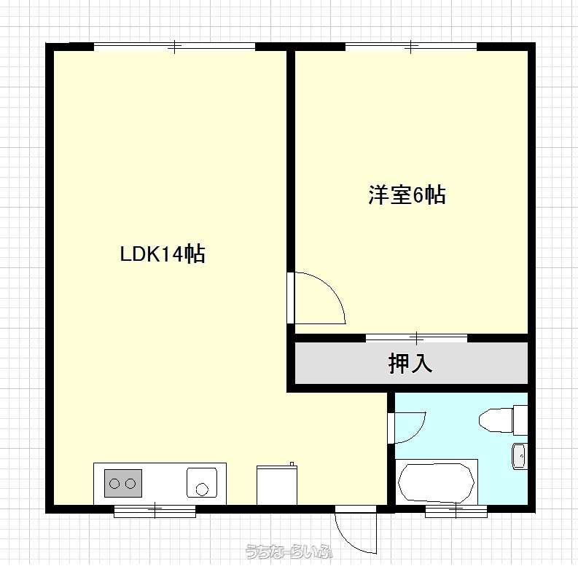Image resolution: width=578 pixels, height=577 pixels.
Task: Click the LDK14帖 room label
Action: point(163,254)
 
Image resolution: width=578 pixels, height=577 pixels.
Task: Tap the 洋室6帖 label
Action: point(407,195)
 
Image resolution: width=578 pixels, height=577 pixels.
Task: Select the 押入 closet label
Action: point(410,364)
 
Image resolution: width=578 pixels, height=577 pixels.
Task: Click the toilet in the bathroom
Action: point(504,420)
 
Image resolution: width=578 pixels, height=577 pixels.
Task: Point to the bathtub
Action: point(436,482)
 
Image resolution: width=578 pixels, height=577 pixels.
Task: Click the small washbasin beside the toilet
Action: point(520,456)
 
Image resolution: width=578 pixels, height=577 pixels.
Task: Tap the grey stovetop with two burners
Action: point(122,483)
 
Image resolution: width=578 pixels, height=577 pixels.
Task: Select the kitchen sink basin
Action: point(202,483)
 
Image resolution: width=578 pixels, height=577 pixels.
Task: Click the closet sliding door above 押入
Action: point(416,338)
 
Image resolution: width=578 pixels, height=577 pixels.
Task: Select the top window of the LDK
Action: point(175,47)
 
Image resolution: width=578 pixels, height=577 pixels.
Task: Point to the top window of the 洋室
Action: point(411,47)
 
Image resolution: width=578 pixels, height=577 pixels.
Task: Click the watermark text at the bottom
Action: point(289,552)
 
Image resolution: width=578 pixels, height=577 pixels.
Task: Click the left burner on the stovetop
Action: point(114,483)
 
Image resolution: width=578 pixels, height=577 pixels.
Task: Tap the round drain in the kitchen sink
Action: point(202,490)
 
